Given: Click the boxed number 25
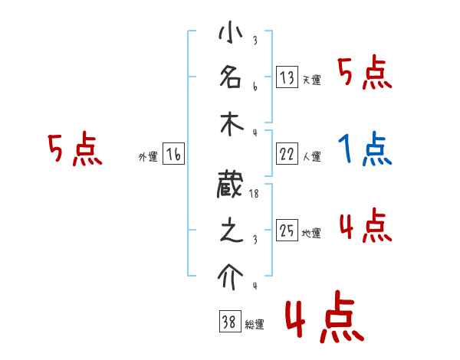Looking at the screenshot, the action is tap(287, 230).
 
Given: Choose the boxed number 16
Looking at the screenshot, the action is tap(173, 154).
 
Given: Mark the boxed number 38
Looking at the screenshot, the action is tap(228, 322).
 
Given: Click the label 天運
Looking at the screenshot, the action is tap(311, 80).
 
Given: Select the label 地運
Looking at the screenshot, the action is tap(311, 233).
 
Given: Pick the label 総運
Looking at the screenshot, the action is tap(254, 325).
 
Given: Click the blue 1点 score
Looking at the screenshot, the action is tap(365, 149).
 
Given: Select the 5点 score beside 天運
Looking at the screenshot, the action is tap(365, 75).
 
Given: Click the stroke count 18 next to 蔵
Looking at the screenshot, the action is tap(255, 195).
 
